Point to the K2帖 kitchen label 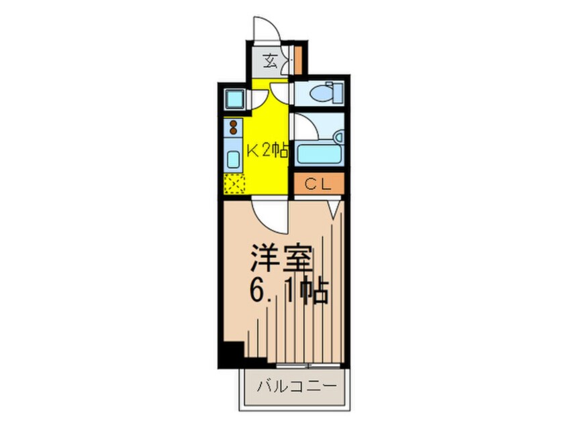[267, 151]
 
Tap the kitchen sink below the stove [233, 160]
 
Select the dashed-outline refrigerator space [233, 182]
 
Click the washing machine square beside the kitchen [234, 99]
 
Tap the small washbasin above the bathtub [338, 137]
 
